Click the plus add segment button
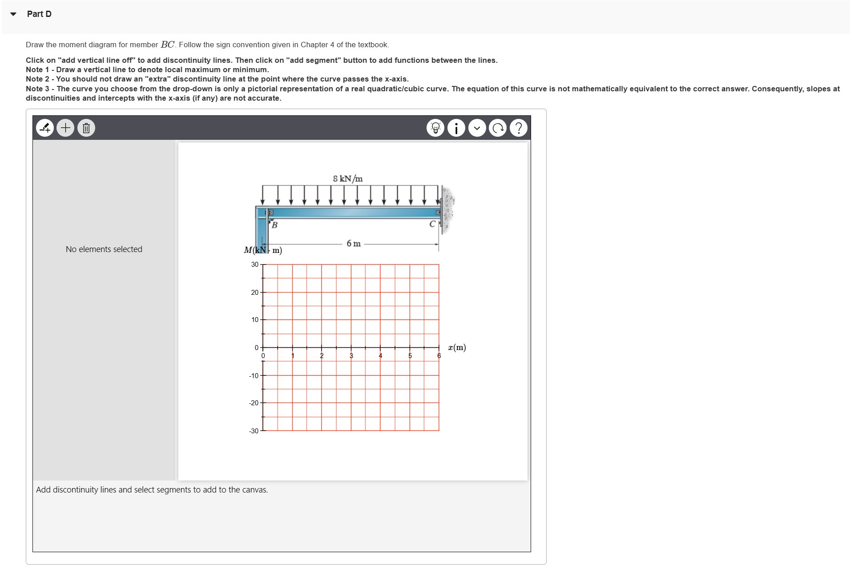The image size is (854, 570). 65,128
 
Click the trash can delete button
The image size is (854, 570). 86,128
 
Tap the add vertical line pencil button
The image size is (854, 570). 45,128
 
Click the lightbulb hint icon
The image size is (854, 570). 435,128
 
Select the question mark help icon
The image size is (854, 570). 518,128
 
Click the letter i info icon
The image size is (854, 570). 456,128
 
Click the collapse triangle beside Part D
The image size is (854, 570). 13,14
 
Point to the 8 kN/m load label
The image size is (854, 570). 347,179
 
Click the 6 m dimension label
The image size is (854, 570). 354,244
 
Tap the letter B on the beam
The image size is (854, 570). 274,225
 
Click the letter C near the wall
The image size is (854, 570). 432,224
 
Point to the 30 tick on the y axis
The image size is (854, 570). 255,265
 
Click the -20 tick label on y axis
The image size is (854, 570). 254,403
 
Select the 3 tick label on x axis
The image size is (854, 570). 351,356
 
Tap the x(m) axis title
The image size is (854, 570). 457,347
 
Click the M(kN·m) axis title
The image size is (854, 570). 262,250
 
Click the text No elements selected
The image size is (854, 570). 104,249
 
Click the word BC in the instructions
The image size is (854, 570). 168,45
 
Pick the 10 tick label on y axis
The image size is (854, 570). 255,320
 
